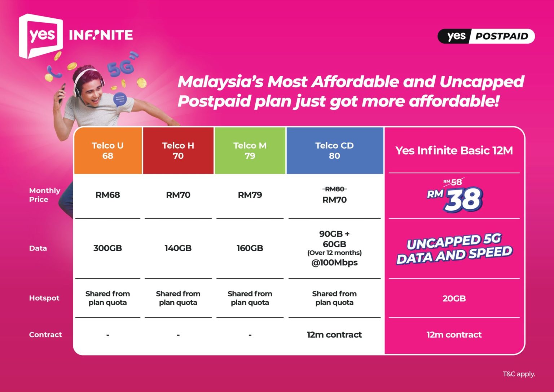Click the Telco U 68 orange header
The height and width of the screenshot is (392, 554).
pyautogui.click(x=107, y=151)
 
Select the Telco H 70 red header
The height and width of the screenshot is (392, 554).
pyautogui.click(x=178, y=151)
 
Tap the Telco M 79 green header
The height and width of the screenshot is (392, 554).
pyautogui.click(x=250, y=151)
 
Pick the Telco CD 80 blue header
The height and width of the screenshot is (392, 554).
pyautogui.click(x=334, y=151)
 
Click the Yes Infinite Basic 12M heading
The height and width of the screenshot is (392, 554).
pyautogui.click(x=454, y=150)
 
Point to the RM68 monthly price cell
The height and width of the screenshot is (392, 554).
pyautogui.click(x=107, y=195)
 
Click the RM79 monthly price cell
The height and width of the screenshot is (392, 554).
pyautogui.click(x=250, y=195)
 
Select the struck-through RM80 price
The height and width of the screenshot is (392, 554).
pyautogui.click(x=334, y=189)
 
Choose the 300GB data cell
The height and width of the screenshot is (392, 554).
pyautogui.click(x=107, y=248)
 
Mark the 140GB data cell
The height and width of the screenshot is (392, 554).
pyautogui.click(x=178, y=248)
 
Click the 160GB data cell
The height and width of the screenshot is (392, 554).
pyautogui.click(x=250, y=248)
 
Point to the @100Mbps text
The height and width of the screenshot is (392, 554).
pyautogui.click(x=334, y=262)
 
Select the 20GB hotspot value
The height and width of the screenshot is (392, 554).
pyautogui.click(x=454, y=299)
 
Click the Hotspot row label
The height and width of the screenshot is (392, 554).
pyautogui.click(x=44, y=298)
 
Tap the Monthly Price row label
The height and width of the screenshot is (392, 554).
pyautogui.click(x=44, y=195)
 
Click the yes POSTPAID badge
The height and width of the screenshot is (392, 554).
pyautogui.click(x=486, y=36)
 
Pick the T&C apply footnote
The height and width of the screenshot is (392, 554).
pyautogui.click(x=519, y=374)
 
